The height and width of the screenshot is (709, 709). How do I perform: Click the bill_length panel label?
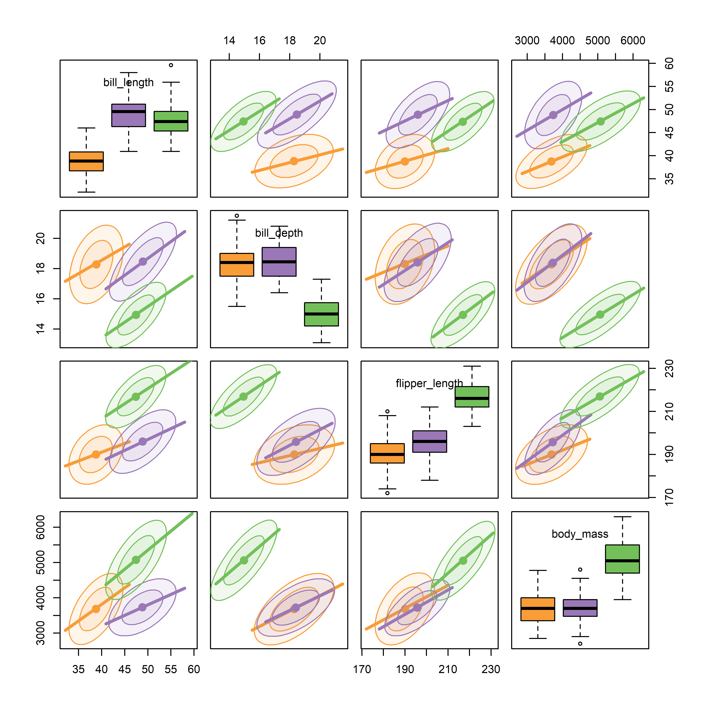pyautogui.click(x=128, y=83)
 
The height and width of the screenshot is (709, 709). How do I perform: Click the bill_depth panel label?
pyautogui.click(x=279, y=233)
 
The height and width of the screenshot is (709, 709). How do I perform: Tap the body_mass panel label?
pyautogui.click(x=580, y=534)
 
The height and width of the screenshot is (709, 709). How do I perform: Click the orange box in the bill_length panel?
pyautogui.click(x=86, y=162)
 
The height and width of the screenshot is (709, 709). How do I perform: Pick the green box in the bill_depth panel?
pyautogui.click(x=321, y=314)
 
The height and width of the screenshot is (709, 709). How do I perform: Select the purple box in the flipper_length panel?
pyautogui.click(x=430, y=441)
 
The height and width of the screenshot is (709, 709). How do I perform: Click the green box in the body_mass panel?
pyautogui.click(x=622, y=559)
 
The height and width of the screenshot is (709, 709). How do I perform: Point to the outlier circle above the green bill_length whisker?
pyautogui.click(x=171, y=65)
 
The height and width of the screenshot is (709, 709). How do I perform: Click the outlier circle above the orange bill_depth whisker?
pyautogui.click(x=237, y=216)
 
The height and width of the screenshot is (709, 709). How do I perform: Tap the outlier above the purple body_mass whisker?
pyautogui.click(x=580, y=570)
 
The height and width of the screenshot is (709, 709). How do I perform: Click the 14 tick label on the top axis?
pyautogui.click(x=229, y=40)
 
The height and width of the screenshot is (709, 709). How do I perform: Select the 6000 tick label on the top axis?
pyautogui.click(x=633, y=40)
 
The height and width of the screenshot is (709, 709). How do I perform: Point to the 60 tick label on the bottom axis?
pyautogui.click(x=194, y=669)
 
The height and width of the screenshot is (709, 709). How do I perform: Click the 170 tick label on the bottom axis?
pyautogui.click(x=362, y=669)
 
